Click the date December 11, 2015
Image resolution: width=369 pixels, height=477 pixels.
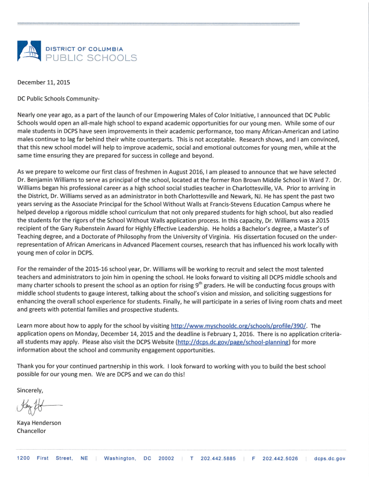click(x=43, y=82)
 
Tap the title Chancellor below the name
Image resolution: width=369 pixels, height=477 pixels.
click(x=31, y=431)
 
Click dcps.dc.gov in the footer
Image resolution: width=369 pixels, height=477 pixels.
click(x=330, y=458)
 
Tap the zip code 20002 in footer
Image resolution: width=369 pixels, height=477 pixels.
click(x=166, y=458)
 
